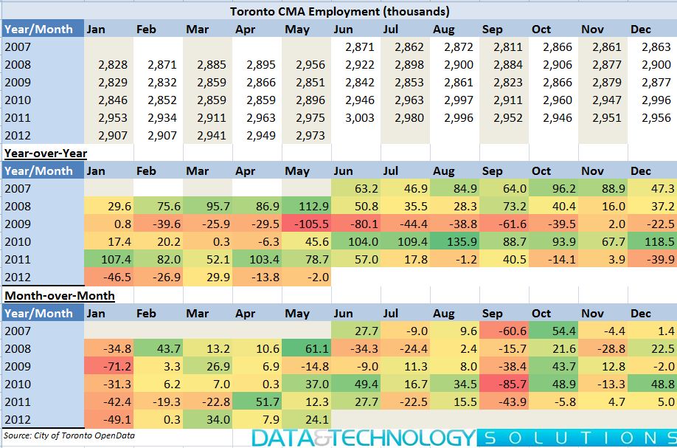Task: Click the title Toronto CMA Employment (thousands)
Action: tap(339, 11)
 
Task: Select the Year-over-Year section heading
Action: tap(46, 154)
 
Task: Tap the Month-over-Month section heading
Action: tap(60, 295)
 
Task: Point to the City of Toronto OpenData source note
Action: tap(69, 435)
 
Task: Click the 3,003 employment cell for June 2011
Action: tap(360, 117)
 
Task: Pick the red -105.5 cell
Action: tap(306, 224)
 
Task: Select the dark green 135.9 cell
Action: tap(454, 241)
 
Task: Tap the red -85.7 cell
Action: tap(504, 384)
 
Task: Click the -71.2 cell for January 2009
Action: tap(109, 366)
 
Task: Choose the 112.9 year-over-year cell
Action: tap(306, 206)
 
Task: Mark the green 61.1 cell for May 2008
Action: tap(306, 348)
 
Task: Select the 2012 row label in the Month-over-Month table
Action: tap(18, 419)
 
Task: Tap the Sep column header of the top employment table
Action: tap(492, 29)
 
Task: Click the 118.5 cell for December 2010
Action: tap(653, 241)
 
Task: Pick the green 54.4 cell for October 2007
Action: tap(554, 331)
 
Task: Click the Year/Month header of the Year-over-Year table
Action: tap(38, 170)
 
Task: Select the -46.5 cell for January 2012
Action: tap(109, 277)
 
